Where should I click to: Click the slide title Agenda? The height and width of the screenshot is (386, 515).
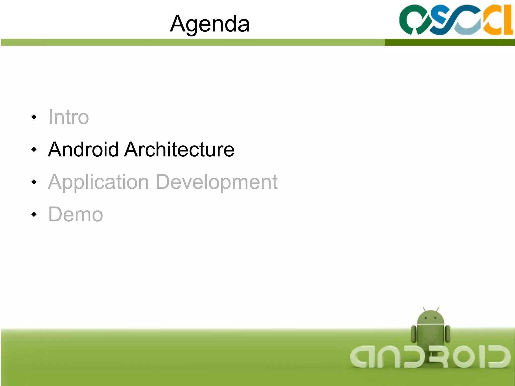(210, 24)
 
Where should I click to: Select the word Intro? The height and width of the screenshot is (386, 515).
(68, 117)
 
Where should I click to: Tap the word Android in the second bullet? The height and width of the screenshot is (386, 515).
(83, 149)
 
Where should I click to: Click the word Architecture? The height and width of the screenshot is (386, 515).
(180, 149)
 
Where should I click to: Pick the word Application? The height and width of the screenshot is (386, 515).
(98, 182)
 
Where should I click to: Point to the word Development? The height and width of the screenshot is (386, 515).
(217, 182)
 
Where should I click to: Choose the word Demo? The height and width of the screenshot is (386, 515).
(75, 215)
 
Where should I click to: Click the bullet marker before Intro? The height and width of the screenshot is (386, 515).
(34, 117)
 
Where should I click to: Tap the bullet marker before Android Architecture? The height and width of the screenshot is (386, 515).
(34, 150)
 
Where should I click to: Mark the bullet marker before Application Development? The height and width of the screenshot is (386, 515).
(34, 182)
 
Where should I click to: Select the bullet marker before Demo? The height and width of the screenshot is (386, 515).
(34, 215)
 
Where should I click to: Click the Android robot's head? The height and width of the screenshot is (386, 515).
(431, 317)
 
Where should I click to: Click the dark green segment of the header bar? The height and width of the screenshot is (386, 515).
(450, 42)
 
